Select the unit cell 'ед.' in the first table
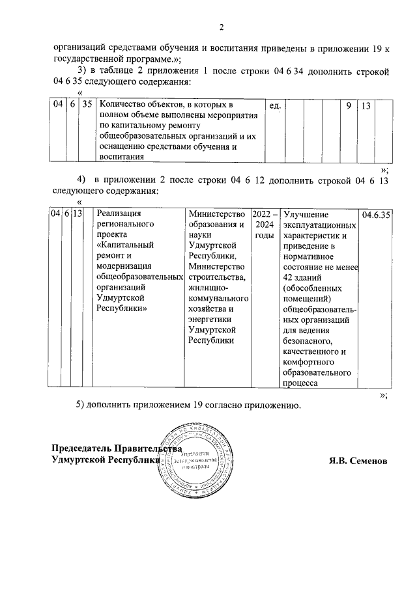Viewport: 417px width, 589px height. click(x=274, y=105)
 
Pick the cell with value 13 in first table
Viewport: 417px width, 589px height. click(x=365, y=105)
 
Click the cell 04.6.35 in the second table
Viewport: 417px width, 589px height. click(x=375, y=214)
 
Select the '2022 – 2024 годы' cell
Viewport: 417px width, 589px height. click(x=265, y=224)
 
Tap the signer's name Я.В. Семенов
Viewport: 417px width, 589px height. click(x=358, y=460)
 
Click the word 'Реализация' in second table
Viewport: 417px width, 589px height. click(x=119, y=214)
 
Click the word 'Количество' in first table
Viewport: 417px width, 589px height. click(x=123, y=105)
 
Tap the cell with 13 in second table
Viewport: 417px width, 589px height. click(x=78, y=214)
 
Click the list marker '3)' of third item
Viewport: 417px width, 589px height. click(x=82, y=71)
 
